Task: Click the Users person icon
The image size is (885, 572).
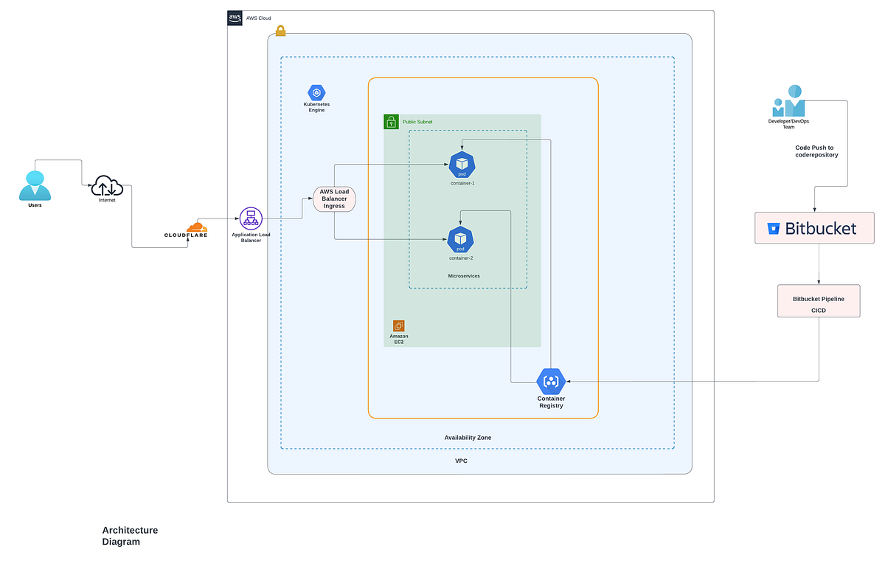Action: point(35,185)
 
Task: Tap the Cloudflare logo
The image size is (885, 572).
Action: point(187,230)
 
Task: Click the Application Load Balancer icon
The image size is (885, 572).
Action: point(251,218)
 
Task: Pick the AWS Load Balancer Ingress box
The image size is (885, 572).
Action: point(334,199)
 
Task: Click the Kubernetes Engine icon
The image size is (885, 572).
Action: point(316,93)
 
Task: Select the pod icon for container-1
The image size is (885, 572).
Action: point(462,165)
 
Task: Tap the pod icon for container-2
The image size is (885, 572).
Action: point(461,240)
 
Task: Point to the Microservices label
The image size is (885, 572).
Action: point(464,276)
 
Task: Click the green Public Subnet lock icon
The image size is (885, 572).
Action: point(391,122)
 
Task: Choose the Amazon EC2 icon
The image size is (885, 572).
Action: point(399,325)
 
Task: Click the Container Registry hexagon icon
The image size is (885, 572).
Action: point(551,382)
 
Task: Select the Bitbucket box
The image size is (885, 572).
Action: point(814,228)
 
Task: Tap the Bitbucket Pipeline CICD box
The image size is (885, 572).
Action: point(819,301)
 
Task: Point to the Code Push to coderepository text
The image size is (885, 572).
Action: point(816,151)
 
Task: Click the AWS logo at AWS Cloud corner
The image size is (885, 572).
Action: point(235,18)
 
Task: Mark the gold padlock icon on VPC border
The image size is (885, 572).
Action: point(280,31)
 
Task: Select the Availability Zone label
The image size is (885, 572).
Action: point(468,438)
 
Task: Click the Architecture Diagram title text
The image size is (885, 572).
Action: point(130,536)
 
